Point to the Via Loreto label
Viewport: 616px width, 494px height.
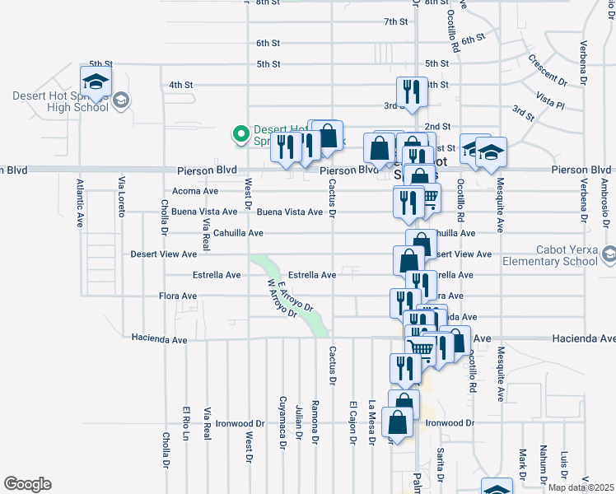[121, 197]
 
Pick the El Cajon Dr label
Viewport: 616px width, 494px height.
[352, 422]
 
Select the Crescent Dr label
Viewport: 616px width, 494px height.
[548, 71]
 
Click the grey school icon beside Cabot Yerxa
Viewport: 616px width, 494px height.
[609, 255]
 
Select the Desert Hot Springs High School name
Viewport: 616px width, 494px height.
[60, 100]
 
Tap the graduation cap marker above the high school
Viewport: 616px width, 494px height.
[96, 82]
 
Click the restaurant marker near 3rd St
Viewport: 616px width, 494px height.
[409, 92]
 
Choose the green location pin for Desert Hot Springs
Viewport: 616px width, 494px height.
[240, 133]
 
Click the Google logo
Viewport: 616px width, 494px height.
[27, 484]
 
